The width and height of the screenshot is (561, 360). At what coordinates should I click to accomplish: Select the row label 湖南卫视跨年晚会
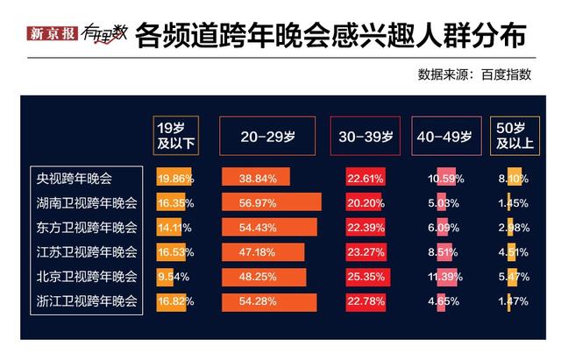[x=86, y=203]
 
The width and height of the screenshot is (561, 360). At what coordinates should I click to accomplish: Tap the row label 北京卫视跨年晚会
[x=86, y=277]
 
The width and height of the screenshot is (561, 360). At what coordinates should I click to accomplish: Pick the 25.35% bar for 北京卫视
[x=367, y=277]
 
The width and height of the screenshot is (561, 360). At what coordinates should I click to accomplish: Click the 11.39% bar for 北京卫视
[x=445, y=277]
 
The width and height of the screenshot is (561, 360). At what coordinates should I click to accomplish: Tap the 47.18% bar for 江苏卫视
[x=262, y=252]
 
